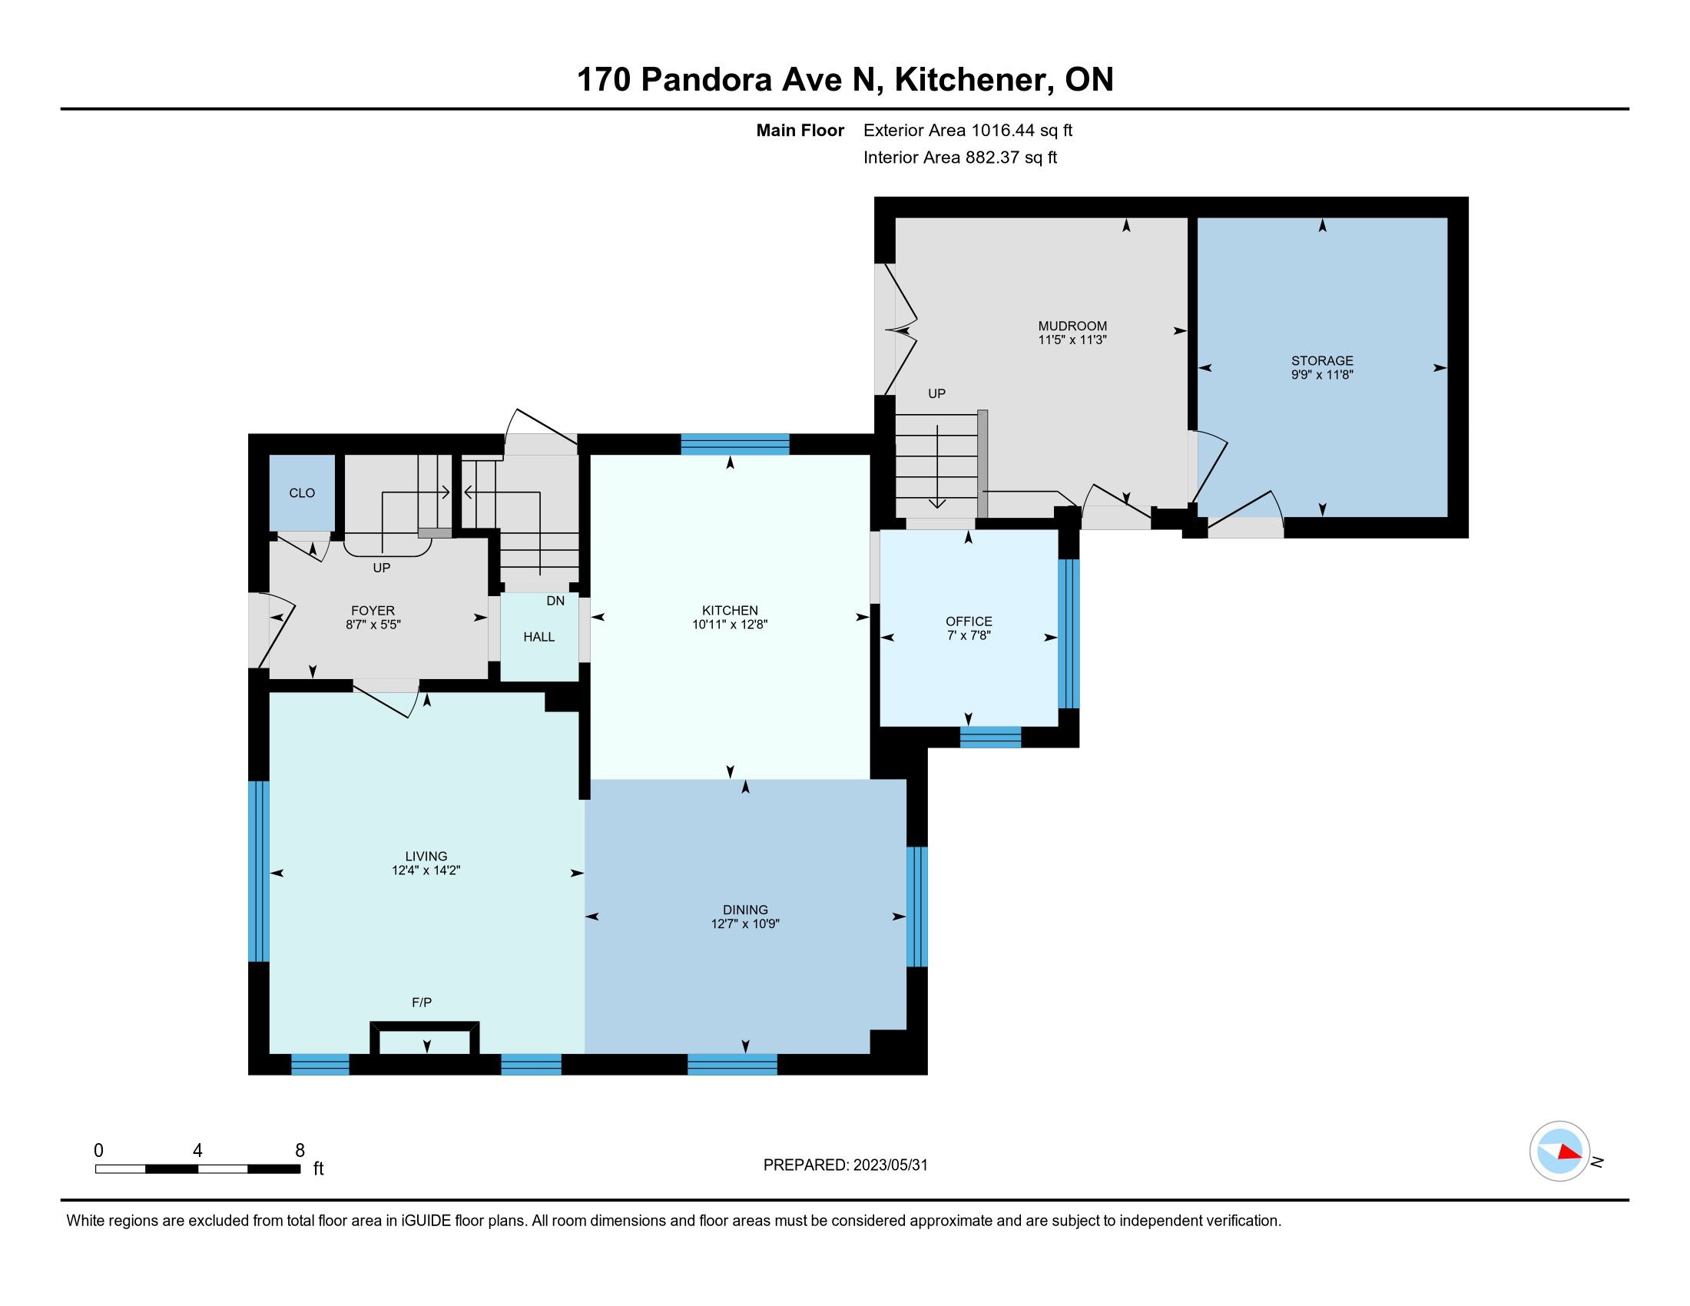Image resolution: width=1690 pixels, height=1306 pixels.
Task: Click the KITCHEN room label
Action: pyautogui.click(x=730, y=611)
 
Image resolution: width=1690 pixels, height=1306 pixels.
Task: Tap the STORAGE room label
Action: pyautogui.click(x=1322, y=360)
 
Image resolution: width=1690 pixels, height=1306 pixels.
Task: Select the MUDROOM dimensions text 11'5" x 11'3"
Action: pyautogui.click(x=1072, y=340)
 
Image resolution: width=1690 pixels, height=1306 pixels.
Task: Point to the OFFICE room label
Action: pyautogui.click(x=969, y=622)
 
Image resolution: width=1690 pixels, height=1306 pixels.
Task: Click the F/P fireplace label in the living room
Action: pyautogui.click(x=422, y=1003)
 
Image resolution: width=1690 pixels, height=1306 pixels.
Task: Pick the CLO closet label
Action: pyautogui.click(x=302, y=493)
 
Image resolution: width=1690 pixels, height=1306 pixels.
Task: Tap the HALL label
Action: pyautogui.click(x=538, y=637)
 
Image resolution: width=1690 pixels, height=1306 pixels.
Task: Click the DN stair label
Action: pyautogui.click(x=555, y=601)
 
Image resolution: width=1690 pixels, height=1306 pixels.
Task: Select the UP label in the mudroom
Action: pyautogui.click(x=936, y=393)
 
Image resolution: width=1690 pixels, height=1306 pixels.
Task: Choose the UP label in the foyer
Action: pyautogui.click(x=382, y=567)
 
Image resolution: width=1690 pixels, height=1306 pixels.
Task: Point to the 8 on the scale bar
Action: pyautogui.click(x=300, y=1151)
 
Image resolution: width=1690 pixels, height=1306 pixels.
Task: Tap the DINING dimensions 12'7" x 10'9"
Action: pyautogui.click(x=745, y=923)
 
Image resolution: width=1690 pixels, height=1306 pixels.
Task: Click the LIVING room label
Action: pyautogui.click(x=426, y=856)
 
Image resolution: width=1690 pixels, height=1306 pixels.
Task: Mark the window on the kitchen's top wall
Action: pyautogui.click(x=735, y=444)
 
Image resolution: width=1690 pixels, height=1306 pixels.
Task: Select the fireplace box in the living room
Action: pyautogui.click(x=425, y=1038)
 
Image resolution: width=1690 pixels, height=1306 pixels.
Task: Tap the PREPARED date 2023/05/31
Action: pyautogui.click(x=889, y=1165)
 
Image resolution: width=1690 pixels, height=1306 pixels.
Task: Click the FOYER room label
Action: pyautogui.click(x=373, y=611)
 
